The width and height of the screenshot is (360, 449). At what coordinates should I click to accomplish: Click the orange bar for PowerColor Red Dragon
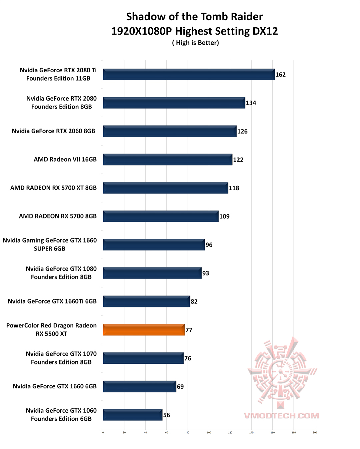144,330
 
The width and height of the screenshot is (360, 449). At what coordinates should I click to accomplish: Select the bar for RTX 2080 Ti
189,74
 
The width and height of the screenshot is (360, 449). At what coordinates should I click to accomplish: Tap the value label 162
280,75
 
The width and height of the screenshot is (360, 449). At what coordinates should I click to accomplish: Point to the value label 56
167,415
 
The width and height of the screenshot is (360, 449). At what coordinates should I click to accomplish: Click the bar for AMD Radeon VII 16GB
167,160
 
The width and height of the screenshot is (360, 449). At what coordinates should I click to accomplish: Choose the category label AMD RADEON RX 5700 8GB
58,216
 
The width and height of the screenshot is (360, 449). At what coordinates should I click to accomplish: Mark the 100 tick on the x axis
209,433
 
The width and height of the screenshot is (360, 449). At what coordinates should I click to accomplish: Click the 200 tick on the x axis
315,433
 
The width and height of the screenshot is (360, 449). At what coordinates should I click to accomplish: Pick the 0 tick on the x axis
103,433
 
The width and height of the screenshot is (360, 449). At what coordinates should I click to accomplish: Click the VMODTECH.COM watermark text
281,416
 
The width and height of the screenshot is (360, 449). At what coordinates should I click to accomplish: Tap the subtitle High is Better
196,43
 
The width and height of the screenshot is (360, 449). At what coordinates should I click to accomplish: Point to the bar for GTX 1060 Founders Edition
133,415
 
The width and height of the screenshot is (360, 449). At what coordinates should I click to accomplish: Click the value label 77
189,330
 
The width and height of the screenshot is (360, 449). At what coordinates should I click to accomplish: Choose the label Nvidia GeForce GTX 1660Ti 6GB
52,301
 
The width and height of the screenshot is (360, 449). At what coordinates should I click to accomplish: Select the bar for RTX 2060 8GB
170,131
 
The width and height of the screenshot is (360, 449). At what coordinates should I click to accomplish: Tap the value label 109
224,217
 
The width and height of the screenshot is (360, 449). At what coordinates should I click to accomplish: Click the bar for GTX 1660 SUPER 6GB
154,245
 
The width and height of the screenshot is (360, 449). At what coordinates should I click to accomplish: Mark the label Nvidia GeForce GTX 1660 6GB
55,386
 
